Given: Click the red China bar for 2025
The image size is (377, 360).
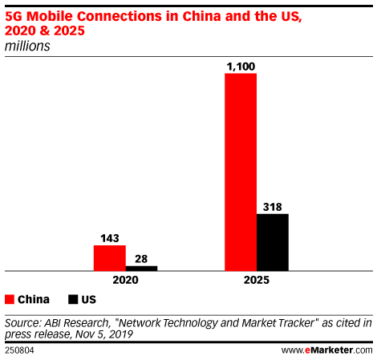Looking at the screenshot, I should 240,172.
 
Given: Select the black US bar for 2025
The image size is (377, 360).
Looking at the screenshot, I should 272,242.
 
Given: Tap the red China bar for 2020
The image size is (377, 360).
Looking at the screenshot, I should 109,258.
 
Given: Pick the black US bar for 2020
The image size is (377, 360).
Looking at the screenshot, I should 141,268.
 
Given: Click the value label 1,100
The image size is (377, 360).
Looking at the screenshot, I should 240,66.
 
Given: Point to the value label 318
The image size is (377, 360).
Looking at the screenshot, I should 272,207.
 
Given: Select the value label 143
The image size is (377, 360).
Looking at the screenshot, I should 110,238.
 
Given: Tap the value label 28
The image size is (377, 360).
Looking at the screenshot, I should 141,258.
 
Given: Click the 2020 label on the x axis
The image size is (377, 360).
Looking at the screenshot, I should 125,281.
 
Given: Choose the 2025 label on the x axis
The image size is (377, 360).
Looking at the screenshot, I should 256,281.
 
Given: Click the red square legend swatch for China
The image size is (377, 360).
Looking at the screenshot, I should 10,300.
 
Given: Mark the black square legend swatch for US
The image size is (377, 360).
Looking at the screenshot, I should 73,300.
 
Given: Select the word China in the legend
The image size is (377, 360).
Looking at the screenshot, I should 34,300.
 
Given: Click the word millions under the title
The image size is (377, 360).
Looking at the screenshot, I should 27,47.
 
